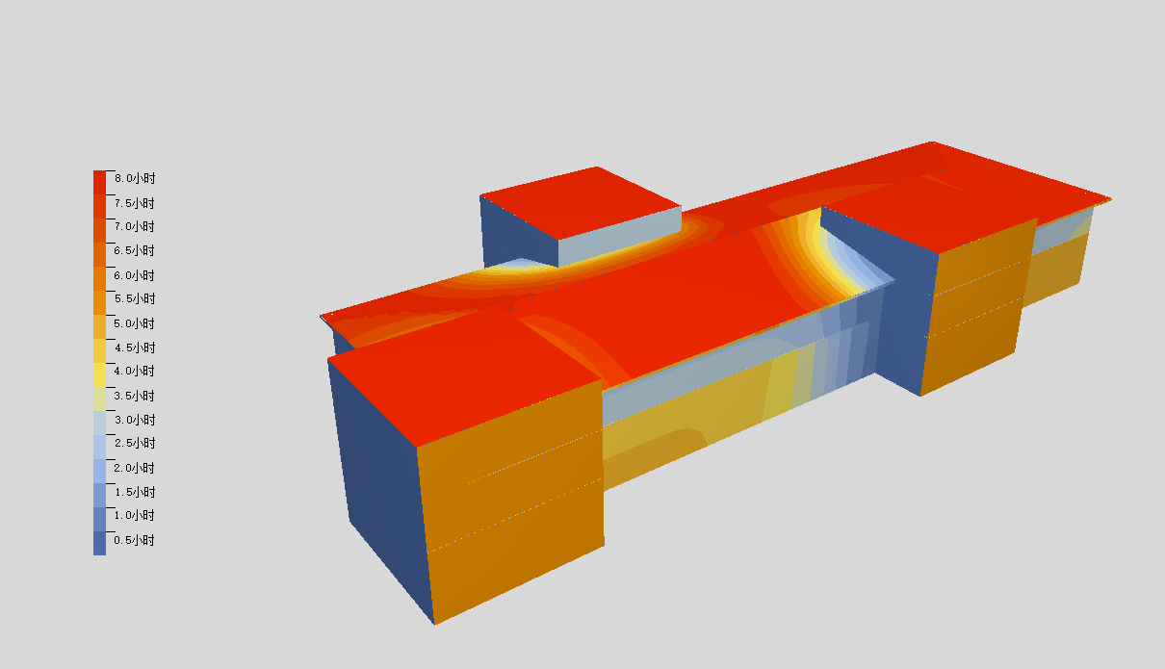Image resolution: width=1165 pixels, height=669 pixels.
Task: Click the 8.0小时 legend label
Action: pos(135,178)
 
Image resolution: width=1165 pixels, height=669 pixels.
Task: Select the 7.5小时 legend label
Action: pos(135,203)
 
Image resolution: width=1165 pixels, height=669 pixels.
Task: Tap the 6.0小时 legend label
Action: pos(135,275)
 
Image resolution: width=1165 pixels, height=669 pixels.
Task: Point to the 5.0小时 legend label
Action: pos(135,323)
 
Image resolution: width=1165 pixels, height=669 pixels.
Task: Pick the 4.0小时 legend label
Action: pos(135,372)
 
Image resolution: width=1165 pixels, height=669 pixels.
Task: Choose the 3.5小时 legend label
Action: pos(135,396)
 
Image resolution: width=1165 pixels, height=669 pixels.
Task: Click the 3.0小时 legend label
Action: pos(135,420)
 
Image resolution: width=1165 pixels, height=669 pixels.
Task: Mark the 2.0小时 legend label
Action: pos(135,468)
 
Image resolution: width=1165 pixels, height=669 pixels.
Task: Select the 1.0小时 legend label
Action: pos(135,516)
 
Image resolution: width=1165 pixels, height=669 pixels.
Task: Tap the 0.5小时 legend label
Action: pos(135,540)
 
